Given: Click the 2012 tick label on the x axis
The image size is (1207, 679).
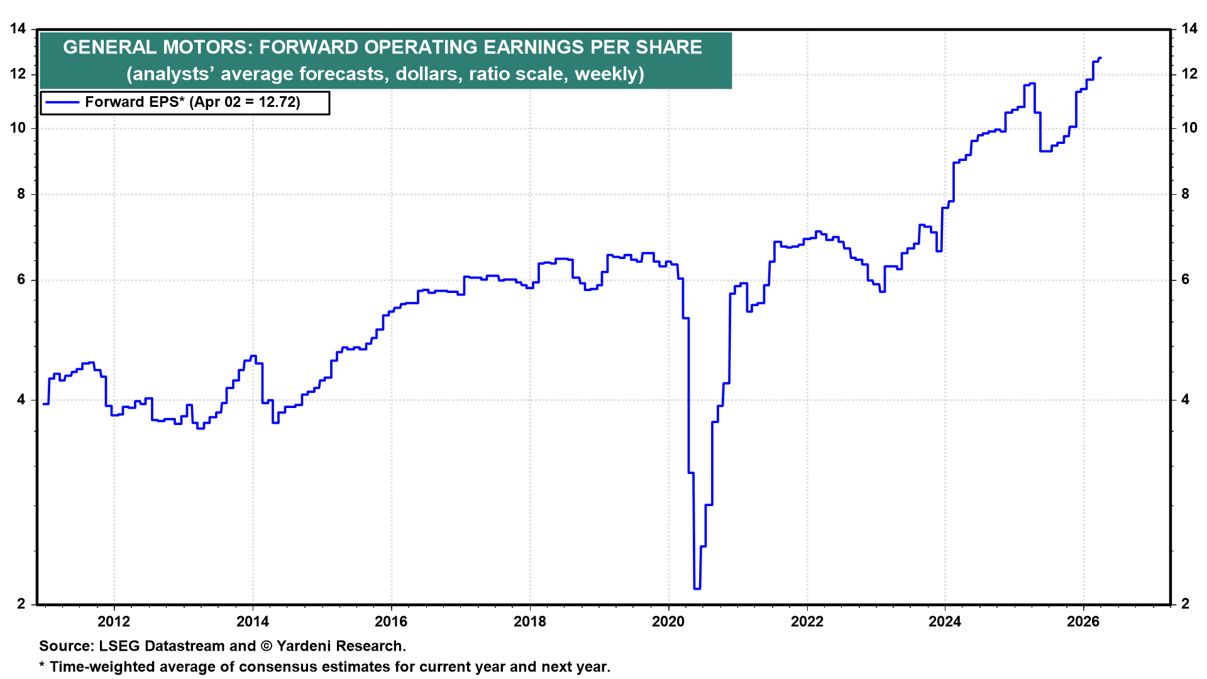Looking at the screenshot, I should pos(114,622).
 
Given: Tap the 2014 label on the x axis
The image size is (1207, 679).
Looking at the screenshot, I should pos(252,622).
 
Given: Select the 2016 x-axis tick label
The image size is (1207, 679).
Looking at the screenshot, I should pos(391,622).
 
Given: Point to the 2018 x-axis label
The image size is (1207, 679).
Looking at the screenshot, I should pos(530,622).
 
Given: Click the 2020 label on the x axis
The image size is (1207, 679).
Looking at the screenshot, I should pos(668,622).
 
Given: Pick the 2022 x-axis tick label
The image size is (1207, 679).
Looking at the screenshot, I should pos(807,622).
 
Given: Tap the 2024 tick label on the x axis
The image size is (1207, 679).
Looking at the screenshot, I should pos(945,622).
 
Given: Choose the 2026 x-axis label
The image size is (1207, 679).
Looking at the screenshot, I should pos(1084,622).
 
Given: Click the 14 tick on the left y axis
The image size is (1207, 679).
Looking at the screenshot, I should pos(18,29).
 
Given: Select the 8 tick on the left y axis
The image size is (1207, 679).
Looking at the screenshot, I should pos(21,194).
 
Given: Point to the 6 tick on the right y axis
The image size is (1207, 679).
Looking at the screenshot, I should pos(1186,280).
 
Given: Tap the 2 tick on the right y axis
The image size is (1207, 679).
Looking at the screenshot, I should pos(1186,604).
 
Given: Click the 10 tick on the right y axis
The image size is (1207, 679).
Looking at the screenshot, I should pos(1189,128).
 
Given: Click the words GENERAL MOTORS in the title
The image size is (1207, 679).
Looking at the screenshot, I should pos(157,48).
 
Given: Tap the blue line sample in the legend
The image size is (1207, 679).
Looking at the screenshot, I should pos(62,102).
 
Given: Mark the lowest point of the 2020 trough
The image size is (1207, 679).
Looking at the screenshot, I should pos(697,588).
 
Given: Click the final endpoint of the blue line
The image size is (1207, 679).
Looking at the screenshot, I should pos(1100,58).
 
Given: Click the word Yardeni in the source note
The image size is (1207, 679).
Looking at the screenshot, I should pos(306,646).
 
